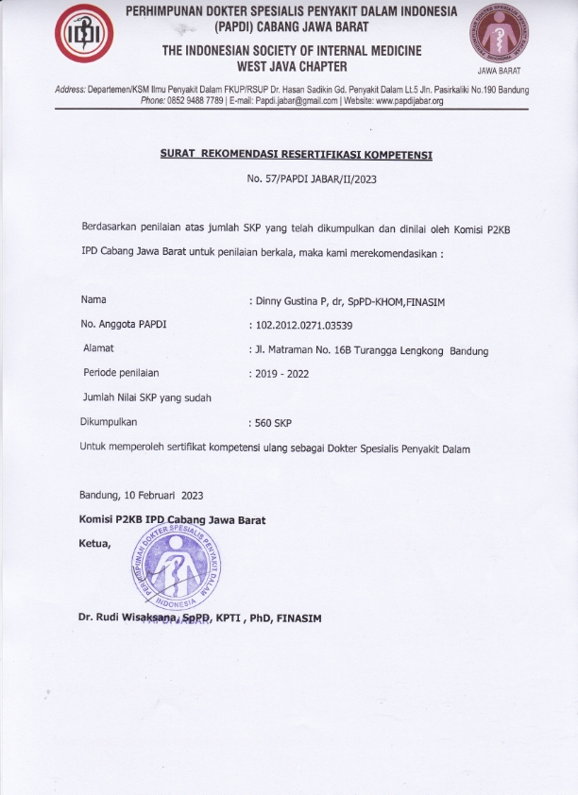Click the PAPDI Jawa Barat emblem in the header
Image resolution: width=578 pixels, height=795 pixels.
[500, 35]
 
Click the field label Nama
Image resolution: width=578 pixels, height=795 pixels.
[93, 299]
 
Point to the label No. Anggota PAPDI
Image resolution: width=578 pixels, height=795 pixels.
[127, 325]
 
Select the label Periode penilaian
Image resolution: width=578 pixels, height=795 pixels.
[121, 373]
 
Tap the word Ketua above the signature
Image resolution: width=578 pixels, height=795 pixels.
[94, 542]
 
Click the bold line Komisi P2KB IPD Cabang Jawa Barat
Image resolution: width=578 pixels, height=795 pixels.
[172, 520]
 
